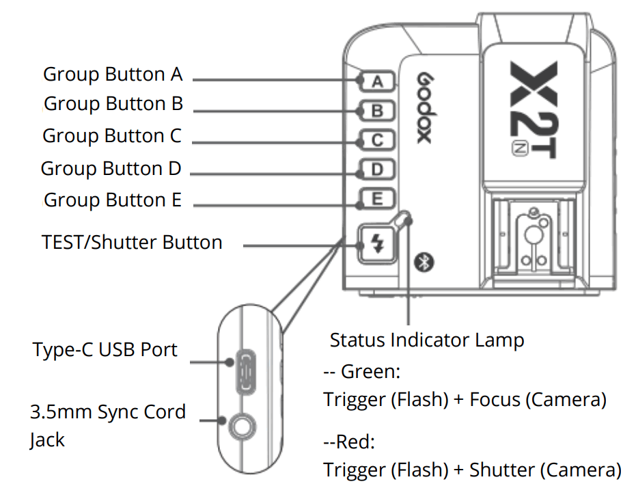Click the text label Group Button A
113,75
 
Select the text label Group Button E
113,200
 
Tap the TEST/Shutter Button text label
132,243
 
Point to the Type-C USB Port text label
105,350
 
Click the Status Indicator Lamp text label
427,340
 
